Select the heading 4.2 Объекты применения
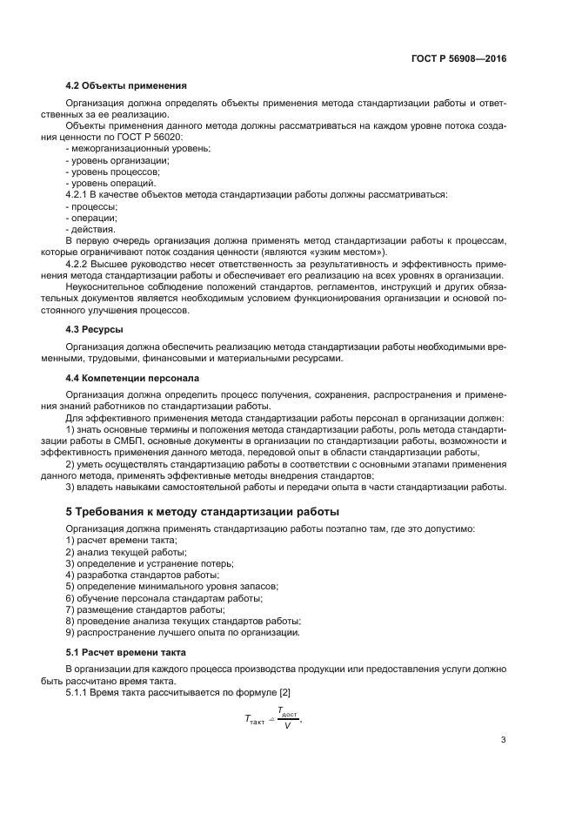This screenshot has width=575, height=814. [125, 85]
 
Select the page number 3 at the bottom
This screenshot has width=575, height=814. [503, 742]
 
